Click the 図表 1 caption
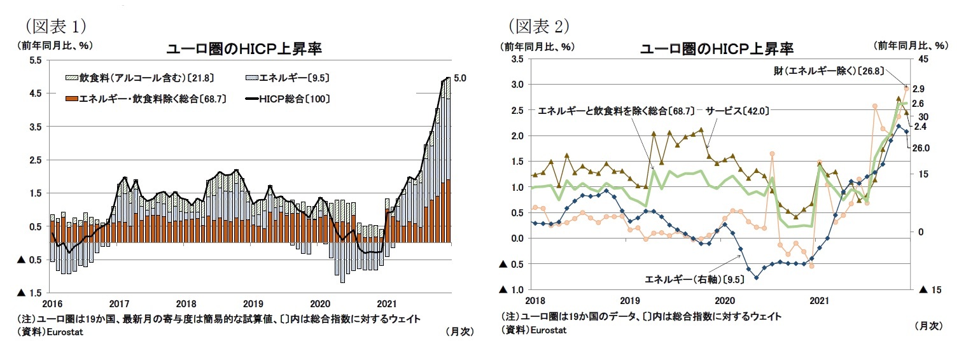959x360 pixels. coord(55,26)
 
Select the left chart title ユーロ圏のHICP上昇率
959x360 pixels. coord(243,49)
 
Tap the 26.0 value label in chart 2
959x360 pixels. coord(921,148)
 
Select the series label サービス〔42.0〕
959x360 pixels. coord(738,111)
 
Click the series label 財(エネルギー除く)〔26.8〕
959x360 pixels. coord(815,72)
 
